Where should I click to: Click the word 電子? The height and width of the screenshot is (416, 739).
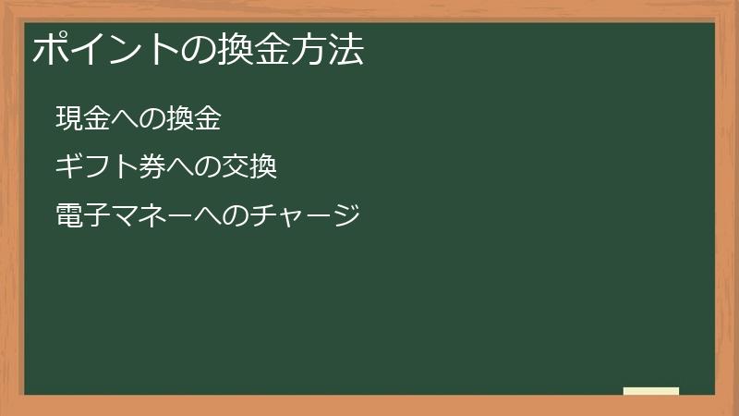[x=83, y=216]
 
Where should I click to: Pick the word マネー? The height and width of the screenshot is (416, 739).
[x=151, y=216]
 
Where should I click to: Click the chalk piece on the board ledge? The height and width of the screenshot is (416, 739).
[x=651, y=391]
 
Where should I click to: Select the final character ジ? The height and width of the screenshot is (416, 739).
[x=345, y=216]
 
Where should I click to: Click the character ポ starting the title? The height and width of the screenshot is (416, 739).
[x=51, y=51]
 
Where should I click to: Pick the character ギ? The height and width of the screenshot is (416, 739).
[x=69, y=167]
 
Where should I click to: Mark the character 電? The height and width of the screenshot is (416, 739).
[x=69, y=216]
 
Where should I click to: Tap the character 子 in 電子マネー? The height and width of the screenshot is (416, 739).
[x=97, y=216]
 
